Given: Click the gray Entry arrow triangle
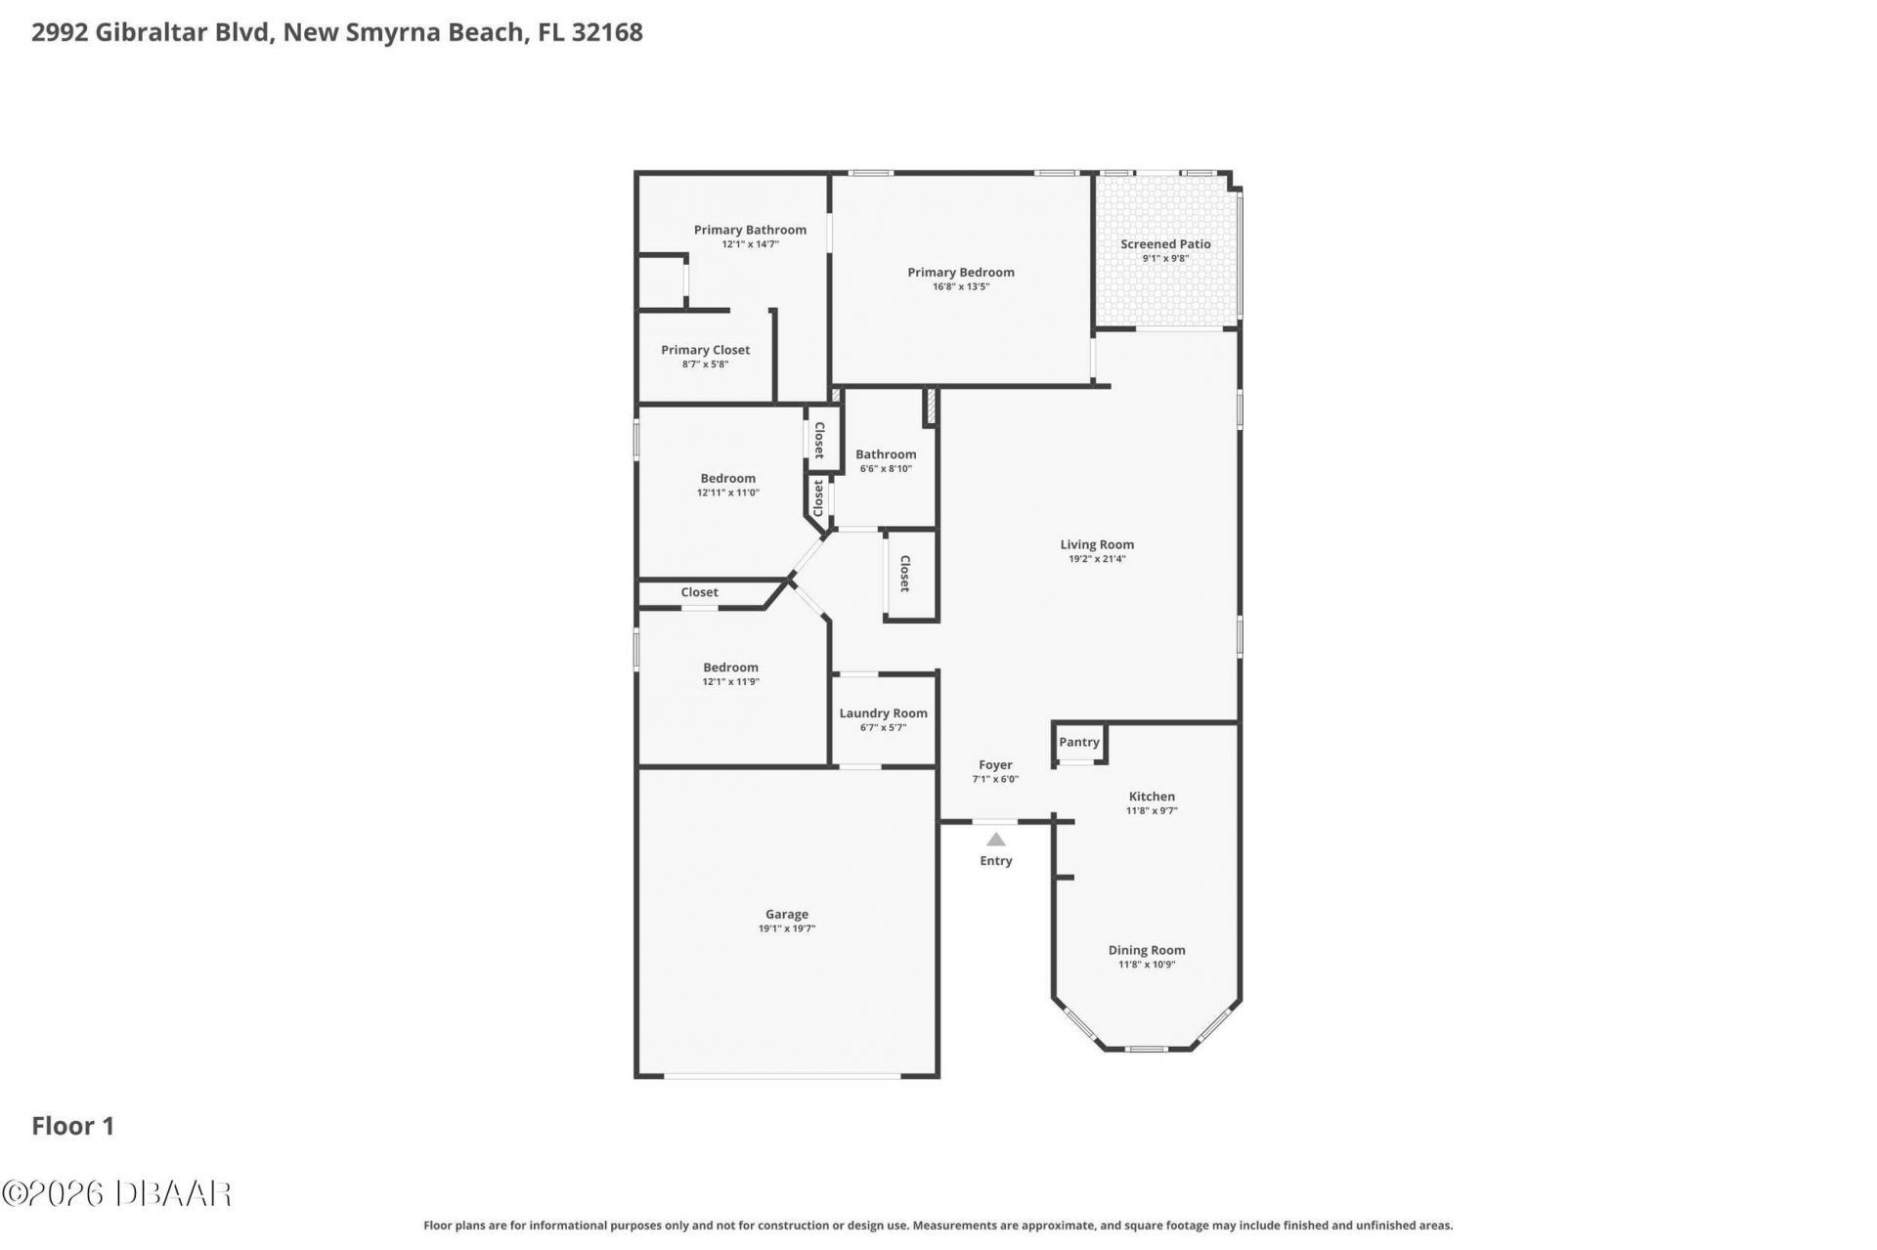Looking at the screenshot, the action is click(995, 840).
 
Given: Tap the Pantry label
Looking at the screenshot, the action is click(1079, 742).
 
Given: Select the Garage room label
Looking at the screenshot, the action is click(787, 915).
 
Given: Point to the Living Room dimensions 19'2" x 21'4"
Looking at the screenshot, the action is click(1097, 559).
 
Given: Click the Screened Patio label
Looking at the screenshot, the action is click(1165, 244).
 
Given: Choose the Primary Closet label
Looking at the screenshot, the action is click(705, 350).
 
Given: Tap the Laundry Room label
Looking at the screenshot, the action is click(884, 713).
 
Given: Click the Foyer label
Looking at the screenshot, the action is click(995, 765).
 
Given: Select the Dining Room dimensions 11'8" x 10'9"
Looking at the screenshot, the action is click(1147, 965).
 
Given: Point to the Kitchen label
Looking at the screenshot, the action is click(1152, 797).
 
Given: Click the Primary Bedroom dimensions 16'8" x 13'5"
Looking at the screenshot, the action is click(961, 287).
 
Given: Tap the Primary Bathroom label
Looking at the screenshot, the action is click(750, 231).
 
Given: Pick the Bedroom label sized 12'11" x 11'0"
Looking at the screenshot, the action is click(727, 479).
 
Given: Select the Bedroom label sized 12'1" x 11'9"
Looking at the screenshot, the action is click(730, 668).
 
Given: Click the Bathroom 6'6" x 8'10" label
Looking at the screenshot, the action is click(886, 454).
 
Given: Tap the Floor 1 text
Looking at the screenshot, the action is click(73, 1126).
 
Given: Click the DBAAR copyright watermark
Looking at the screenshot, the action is click(116, 1193).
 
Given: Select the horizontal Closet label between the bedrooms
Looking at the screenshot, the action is click(699, 592).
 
